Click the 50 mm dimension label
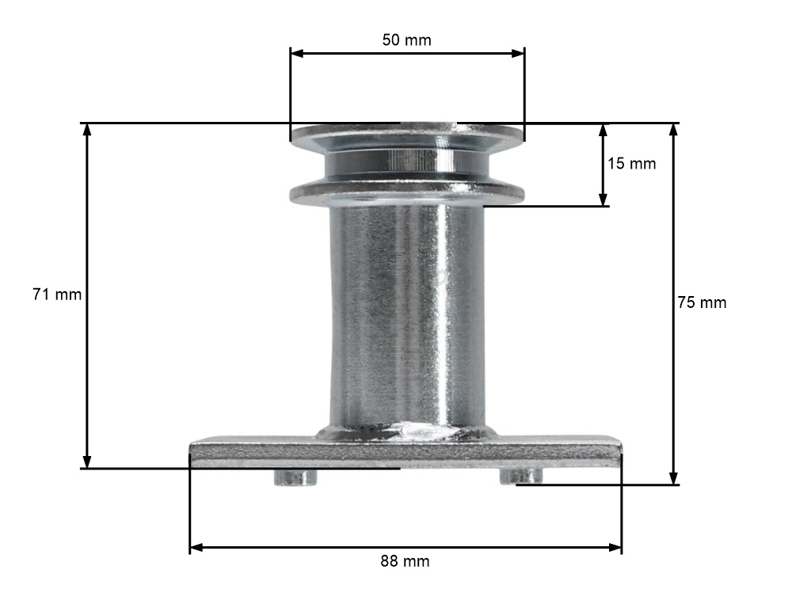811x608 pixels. pyautogui.click(x=406, y=40)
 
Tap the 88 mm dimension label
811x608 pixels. pyautogui.click(x=405, y=561)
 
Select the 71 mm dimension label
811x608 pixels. pyautogui.click(x=57, y=294)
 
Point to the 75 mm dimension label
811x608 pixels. pyautogui.click(x=702, y=302)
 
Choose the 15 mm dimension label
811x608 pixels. pyautogui.click(x=631, y=163)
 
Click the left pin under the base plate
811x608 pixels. pyautogui.click(x=295, y=477)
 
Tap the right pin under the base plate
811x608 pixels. pyautogui.click(x=521, y=476)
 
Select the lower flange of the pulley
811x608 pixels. pyautogui.click(x=407, y=193)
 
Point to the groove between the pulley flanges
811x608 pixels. pyautogui.click(x=407, y=165)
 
